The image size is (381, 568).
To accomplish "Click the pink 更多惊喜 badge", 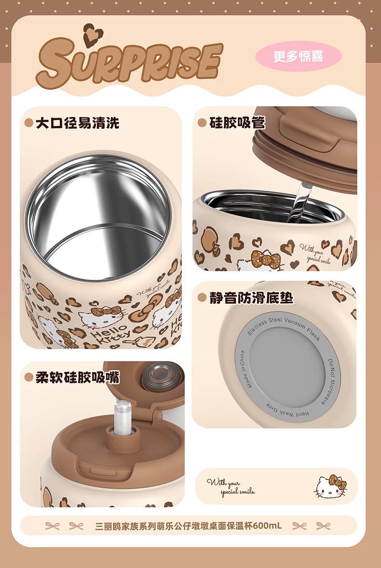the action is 299,56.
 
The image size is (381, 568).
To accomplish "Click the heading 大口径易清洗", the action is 77,123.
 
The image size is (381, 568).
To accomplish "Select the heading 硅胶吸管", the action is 237,122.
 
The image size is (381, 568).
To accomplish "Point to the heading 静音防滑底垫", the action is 251,298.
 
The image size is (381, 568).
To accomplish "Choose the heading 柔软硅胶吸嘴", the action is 77,378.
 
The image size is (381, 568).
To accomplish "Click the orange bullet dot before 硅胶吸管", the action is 202,123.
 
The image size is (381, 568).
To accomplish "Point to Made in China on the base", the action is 245,369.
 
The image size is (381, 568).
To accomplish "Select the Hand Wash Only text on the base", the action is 288,411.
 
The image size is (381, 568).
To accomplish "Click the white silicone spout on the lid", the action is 122,417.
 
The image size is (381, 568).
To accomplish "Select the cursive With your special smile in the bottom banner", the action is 231,487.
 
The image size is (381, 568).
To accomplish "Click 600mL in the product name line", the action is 268,526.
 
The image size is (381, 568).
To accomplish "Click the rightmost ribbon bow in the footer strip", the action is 323,526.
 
